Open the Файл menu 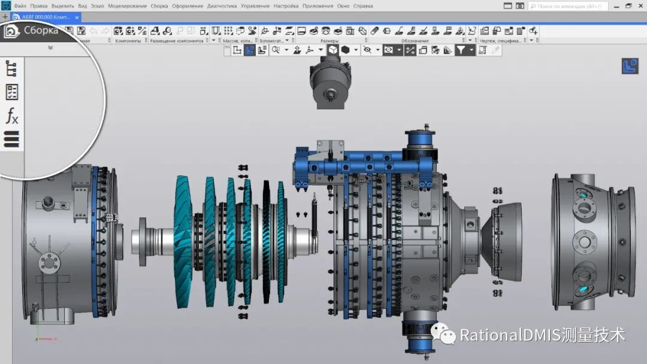pyautogui.click(x=20, y=6)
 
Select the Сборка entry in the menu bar pyautogui.click(x=159, y=6)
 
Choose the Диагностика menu pyautogui.click(x=221, y=6)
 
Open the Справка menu pyautogui.click(x=363, y=6)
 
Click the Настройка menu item pyautogui.click(x=286, y=6)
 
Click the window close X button pyautogui.click(x=640, y=6)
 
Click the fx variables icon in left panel pyautogui.click(x=12, y=116)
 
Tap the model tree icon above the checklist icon pyautogui.click(x=12, y=68)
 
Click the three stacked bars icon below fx pyautogui.click(x=12, y=139)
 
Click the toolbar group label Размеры pyautogui.click(x=313, y=41)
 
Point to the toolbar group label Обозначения pyautogui.click(x=415, y=41)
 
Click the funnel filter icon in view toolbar pyautogui.click(x=461, y=50)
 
